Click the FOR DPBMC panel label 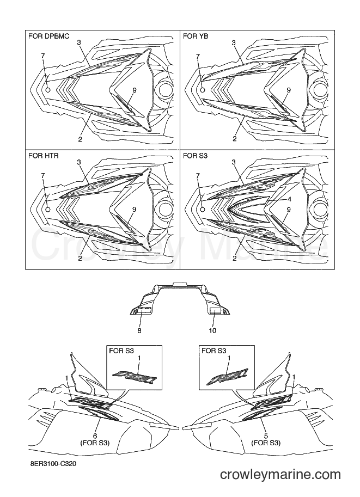coord(49,36)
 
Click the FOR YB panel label coord(196,36)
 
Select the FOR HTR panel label coord(44,156)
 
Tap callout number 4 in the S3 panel coord(289,199)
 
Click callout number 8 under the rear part coord(139,330)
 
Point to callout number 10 coord(212,330)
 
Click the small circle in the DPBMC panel coord(48,90)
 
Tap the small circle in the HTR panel coord(48,209)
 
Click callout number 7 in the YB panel coord(198,56)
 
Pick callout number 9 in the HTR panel coord(134,209)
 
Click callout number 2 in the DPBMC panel coord(80,139)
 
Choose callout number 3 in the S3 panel coord(234,162)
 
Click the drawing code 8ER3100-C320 coord(51,464)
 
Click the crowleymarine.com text coord(280,475)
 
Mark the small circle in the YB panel coord(203,90)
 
